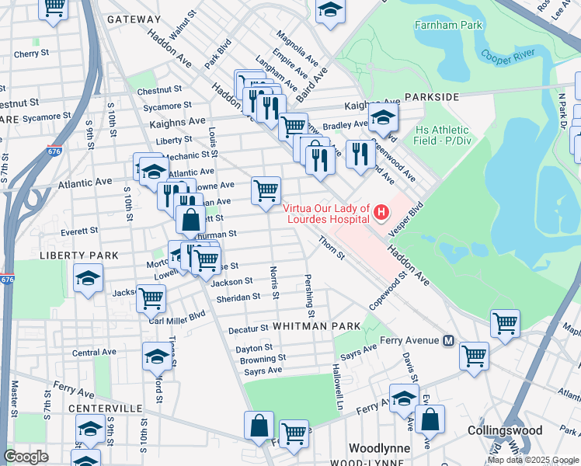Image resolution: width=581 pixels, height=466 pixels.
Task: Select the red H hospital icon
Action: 381,211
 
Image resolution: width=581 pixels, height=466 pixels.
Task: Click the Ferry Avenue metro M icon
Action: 448,341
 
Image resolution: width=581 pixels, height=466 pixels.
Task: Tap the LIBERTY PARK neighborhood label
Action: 82,255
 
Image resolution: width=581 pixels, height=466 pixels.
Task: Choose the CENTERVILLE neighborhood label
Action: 105,408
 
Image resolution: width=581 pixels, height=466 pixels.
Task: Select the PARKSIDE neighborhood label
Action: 436,97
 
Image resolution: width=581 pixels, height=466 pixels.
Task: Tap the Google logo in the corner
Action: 26,456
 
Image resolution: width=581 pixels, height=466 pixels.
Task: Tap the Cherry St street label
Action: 31,54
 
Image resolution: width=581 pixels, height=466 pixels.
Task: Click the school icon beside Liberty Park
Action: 88,278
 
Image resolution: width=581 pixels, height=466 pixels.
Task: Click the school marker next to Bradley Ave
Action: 383,118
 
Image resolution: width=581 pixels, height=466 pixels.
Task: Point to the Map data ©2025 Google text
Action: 533,460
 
